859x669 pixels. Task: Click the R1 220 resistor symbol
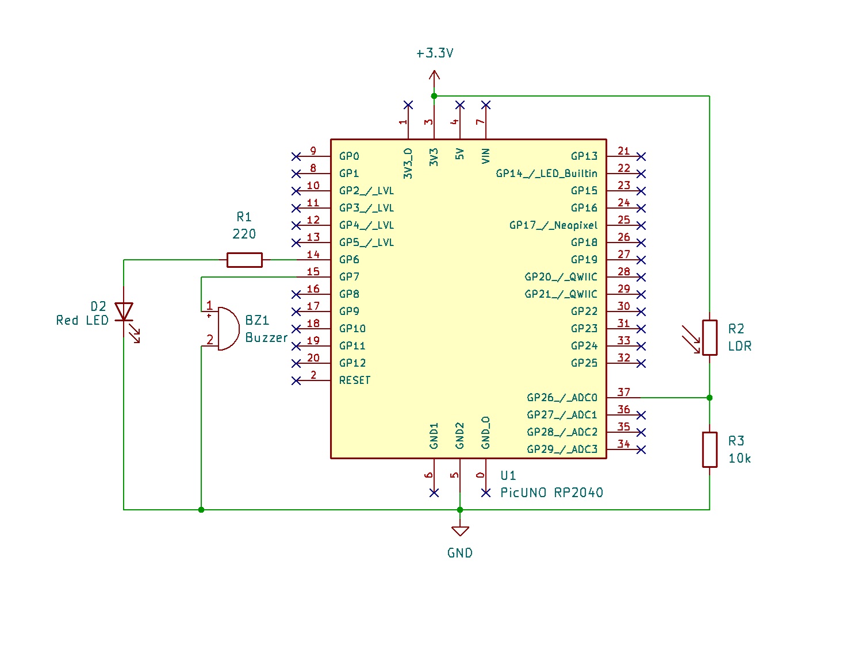tap(244, 260)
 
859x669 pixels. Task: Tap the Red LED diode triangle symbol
tap(124, 312)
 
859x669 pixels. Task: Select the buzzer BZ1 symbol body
tap(227, 329)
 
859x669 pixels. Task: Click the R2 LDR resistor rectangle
tap(710, 337)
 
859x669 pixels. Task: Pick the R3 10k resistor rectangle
tap(710, 449)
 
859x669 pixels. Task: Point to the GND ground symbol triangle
tap(460, 530)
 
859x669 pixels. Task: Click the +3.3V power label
tap(435, 53)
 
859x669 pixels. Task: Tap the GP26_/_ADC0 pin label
tap(562, 398)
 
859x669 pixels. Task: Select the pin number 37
tap(624, 392)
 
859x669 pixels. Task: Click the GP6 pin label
tap(349, 260)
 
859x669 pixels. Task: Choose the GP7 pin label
tap(349, 277)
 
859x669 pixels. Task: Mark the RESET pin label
tap(355, 380)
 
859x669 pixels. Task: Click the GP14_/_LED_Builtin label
tap(546, 174)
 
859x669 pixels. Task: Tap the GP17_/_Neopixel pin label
tap(553, 225)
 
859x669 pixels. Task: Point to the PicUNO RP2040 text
tap(551, 493)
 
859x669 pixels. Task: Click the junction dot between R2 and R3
tap(710, 398)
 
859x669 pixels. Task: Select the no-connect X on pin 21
tap(641, 156)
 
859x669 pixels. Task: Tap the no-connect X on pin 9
tap(296, 156)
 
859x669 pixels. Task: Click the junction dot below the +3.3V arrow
tap(434, 96)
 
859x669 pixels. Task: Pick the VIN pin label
tap(486, 156)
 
